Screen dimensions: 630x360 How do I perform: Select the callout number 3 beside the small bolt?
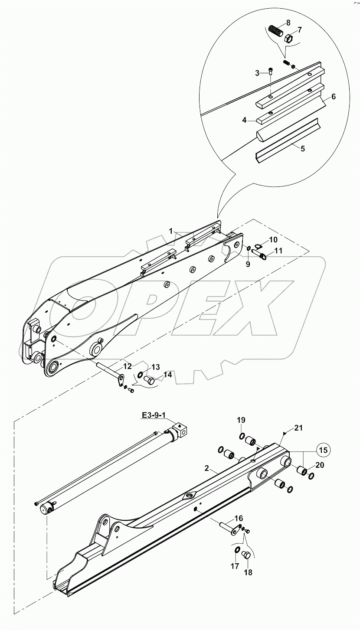pyautogui.click(x=257, y=73)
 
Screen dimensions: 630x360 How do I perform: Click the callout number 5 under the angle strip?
pyautogui.click(x=302, y=149)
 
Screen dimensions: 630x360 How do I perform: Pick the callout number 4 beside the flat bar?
pyautogui.click(x=333, y=97)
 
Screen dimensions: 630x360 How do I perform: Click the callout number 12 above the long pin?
pyautogui.click(x=127, y=366)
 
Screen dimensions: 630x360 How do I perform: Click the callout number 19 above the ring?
pyautogui.click(x=241, y=420)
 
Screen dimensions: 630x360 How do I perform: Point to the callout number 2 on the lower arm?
pyautogui.click(x=207, y=469)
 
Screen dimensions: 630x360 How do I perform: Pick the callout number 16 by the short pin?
pyautogui.click(x=239, y=518)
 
